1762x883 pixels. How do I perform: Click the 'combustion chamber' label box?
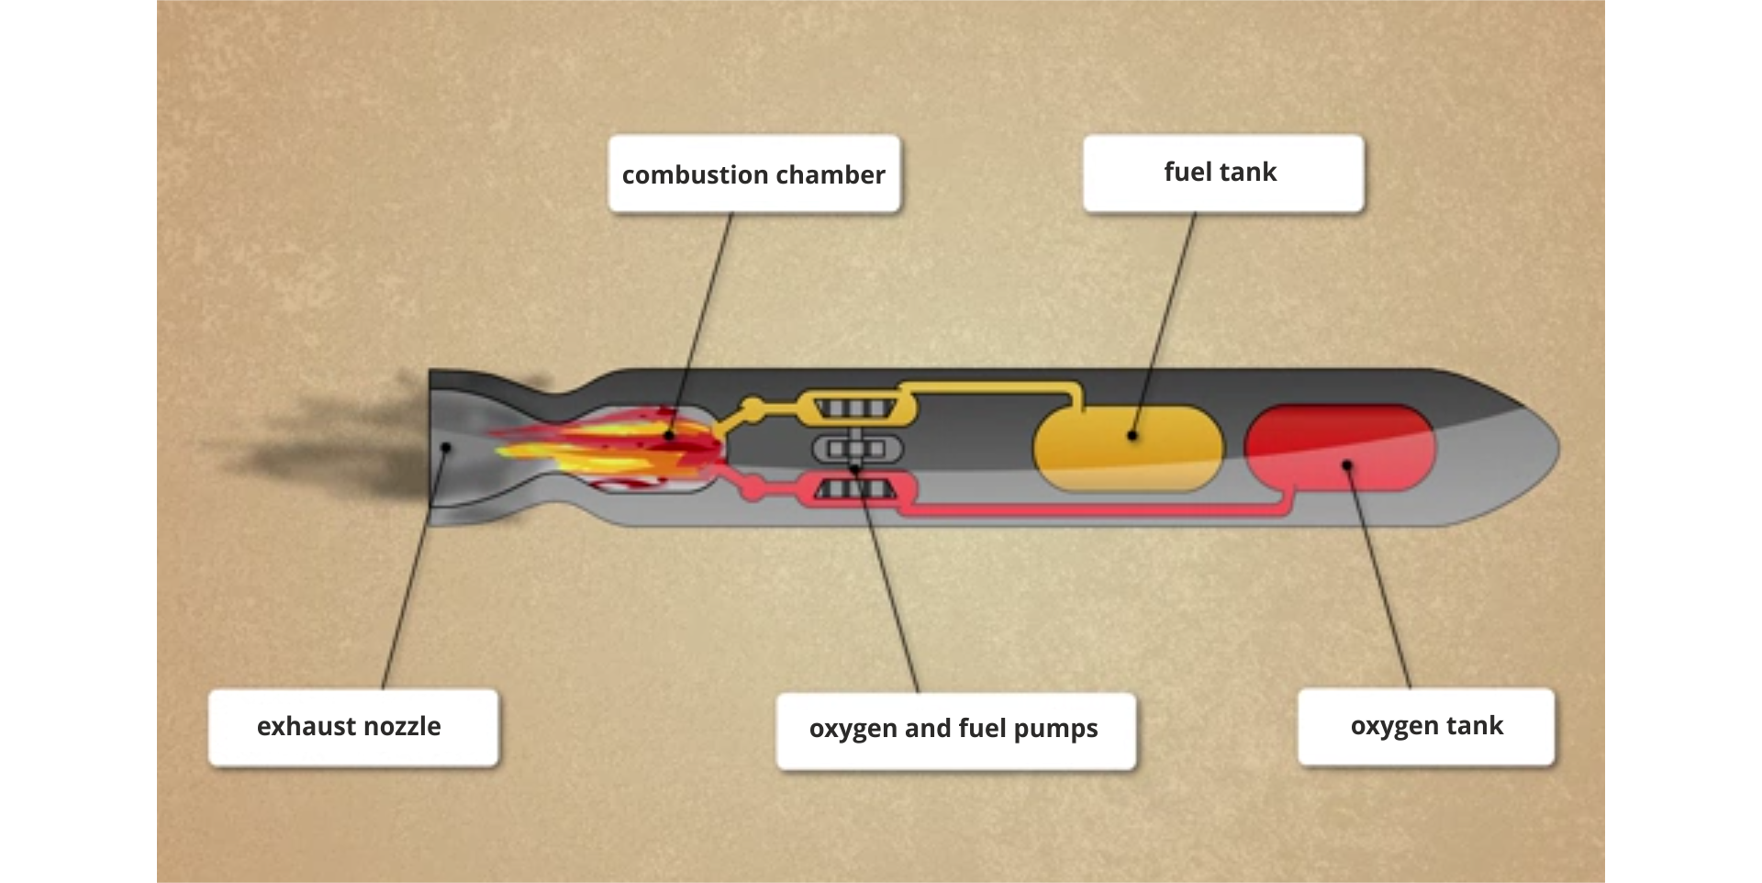coord(753,174)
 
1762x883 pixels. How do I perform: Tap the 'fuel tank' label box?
coord(1222,173)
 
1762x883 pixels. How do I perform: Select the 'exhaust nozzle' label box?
coord(352,727)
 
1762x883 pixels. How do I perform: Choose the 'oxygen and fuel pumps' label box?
coord(954,731)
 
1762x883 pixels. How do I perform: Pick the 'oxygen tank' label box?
coord(1426,726)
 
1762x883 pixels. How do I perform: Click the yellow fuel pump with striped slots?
coord(855,408)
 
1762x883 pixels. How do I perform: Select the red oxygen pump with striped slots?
coord(855,489)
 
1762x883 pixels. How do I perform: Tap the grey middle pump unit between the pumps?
coord(857,449)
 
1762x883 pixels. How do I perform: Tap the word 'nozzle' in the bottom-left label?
coord(404,727)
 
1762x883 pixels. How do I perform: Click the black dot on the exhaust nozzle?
coord(447,448)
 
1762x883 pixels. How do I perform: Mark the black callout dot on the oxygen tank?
coord(1347,465)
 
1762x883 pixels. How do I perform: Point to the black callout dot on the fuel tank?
coord(1132,436)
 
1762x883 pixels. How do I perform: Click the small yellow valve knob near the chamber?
coord(752,405)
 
